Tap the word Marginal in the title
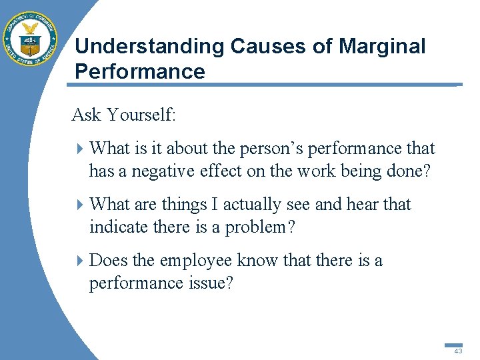pyautogui.click(x=381, y=47)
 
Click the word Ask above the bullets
pyautogui.click(x=86, y=115)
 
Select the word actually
pyautogui.click(x=255, y=205)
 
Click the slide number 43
pyautogui.click(x=457, y=351)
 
